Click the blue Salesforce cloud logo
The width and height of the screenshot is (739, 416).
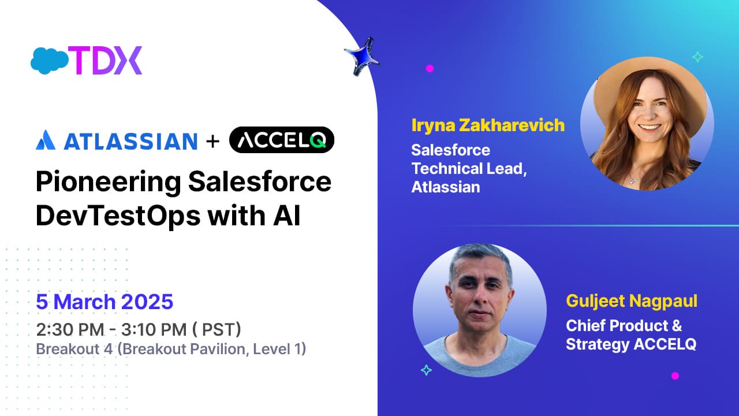click(x=50, y=61)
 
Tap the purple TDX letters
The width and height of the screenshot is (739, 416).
click(x=105, y=61)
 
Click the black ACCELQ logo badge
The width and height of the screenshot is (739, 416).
click(x=281, y=140)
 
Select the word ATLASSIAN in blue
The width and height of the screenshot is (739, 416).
click(x=130, y=142)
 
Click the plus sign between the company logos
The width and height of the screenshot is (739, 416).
click(x=213, y=142)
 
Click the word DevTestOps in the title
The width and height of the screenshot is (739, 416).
click(x=118, y=216)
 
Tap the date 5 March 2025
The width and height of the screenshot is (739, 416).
click(x=104, y=302)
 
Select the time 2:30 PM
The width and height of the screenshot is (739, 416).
click(x=70, y=329)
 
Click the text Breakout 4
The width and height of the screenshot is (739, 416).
click(x=74, y=349)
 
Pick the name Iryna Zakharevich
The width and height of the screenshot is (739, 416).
click(x=488, y=126)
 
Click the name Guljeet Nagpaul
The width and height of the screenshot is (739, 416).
click(x=632, y=302)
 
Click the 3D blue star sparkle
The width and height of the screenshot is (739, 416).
click(x=362, y=57)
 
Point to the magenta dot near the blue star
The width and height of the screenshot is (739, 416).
click(x=430, y=68)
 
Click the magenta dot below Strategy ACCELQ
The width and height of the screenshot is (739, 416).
click(x=675, y=376)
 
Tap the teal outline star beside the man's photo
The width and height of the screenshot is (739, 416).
click(x=426, y=370)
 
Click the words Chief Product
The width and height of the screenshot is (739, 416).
click(x=617, y=325)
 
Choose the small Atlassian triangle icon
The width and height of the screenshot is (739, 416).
click(x=46, y=140)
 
